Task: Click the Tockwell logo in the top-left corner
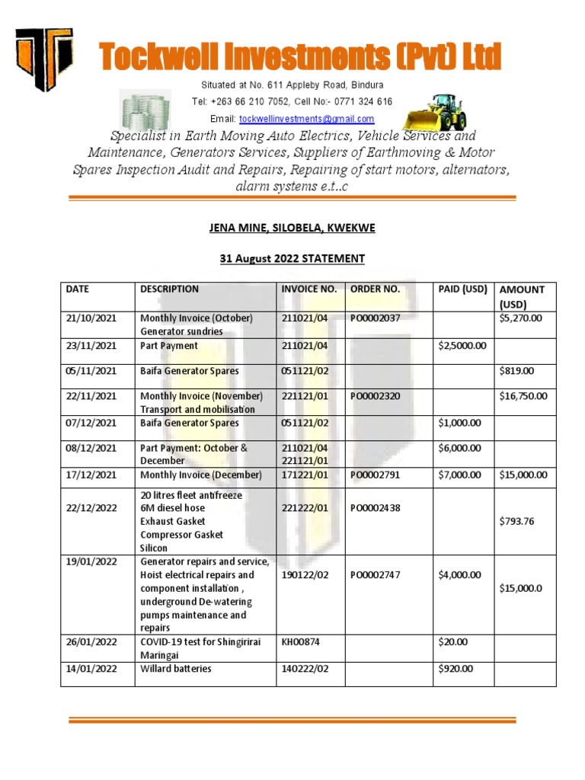44,59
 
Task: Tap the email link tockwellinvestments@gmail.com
306,120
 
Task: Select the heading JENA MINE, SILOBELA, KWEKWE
292,229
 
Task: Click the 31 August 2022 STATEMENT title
292,259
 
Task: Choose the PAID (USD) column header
462,289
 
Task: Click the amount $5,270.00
521,318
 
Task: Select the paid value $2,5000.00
462,346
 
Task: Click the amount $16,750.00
523,396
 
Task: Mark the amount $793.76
517,522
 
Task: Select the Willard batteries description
176,669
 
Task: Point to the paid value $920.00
456,669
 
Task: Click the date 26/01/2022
91,642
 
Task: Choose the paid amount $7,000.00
459,475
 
